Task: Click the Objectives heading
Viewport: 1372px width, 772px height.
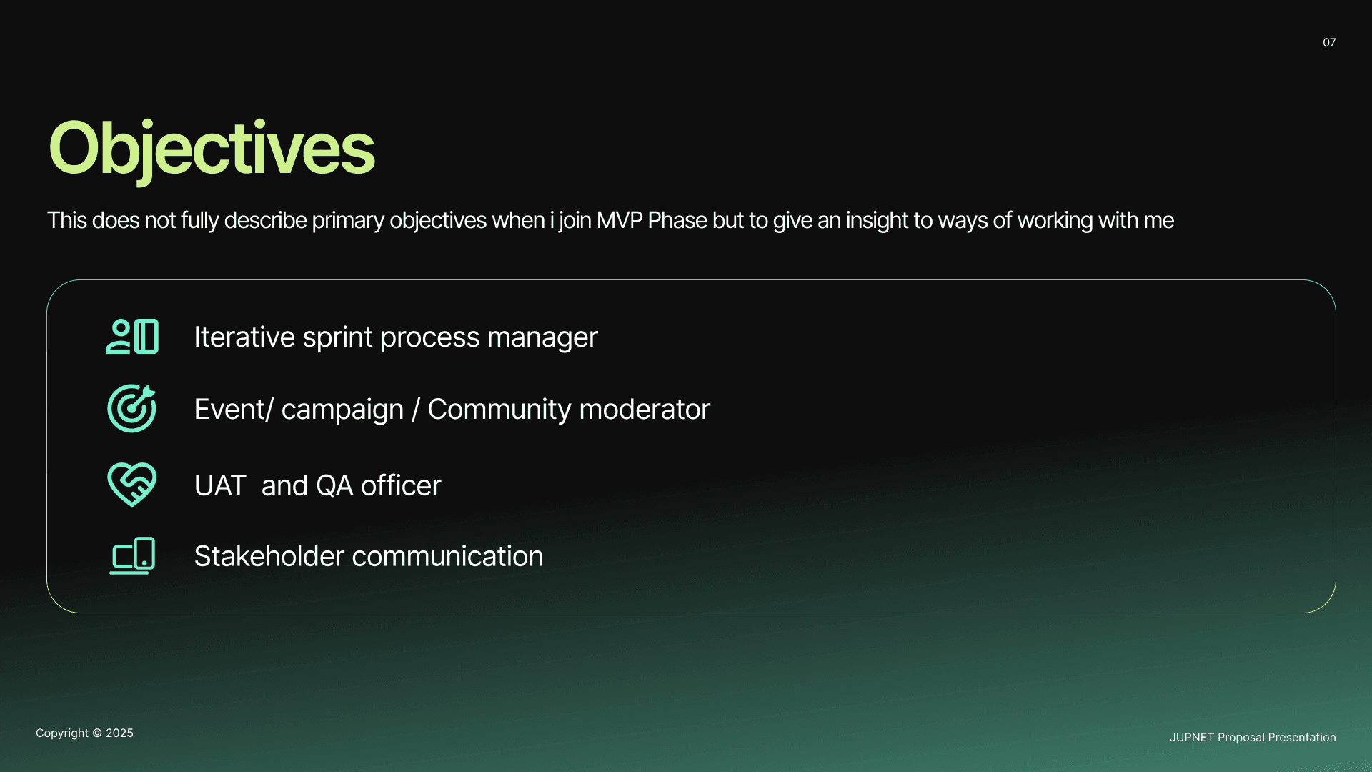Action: (212, 149)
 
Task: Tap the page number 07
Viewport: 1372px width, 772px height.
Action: (1329, 43)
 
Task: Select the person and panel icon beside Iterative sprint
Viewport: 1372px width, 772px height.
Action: (132, 336)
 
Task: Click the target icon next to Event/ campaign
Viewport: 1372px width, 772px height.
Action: (131, 408)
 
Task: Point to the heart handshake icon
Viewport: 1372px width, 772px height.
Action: (132, 485)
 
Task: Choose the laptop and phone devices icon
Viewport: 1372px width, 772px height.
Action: (132, 555)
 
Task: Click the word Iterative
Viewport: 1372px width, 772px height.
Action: (244, 337)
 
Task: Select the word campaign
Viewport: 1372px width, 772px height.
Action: (342, 410)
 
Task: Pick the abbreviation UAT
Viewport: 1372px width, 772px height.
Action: (220, 485)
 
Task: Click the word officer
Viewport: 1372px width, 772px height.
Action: (401, 485)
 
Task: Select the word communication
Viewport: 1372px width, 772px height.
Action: (443, 556)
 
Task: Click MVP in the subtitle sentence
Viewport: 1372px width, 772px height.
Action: (620, 220)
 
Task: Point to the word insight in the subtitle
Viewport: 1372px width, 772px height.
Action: (877, 221)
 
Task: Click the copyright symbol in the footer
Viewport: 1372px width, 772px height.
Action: (97, 733)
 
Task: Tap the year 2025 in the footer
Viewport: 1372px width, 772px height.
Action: (119, 733)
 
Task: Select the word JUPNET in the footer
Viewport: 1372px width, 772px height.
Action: (1192, 738)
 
